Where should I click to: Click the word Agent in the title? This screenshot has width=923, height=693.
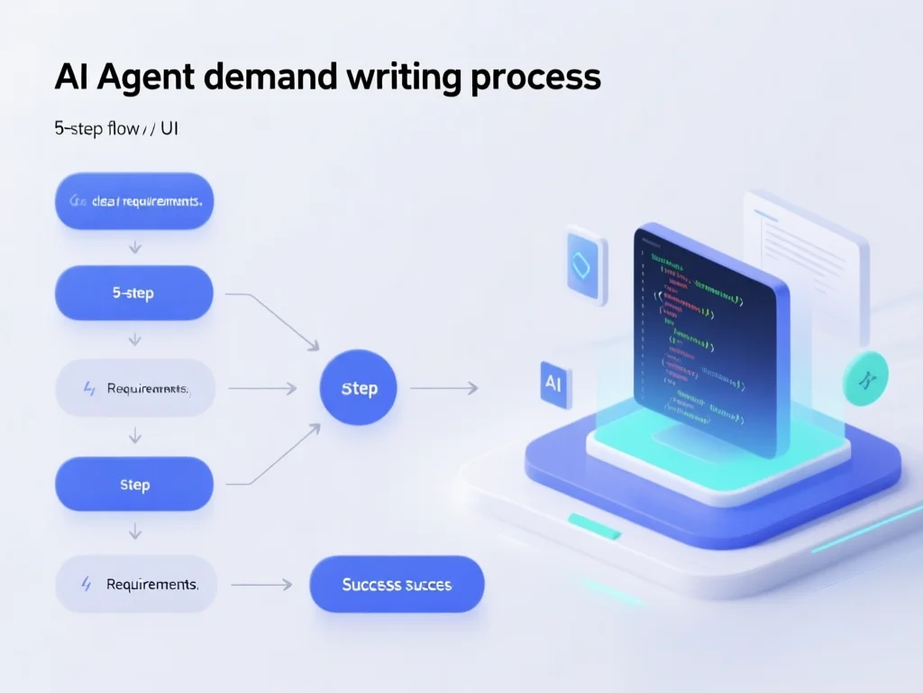point(143,78)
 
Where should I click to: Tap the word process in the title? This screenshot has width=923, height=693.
point(535,78)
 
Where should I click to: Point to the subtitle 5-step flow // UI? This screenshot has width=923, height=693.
point(116,128)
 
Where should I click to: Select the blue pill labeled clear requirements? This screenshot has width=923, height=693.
point(134,201)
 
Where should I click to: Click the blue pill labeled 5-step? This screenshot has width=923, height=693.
point(134,293)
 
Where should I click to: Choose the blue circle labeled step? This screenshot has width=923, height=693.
point(359,388)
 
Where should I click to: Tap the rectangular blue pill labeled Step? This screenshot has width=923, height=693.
point(134,485)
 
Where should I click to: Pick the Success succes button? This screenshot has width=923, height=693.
point(397,585)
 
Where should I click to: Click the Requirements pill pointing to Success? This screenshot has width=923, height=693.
point(134,585)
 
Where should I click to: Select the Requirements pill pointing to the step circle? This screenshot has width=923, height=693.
point(134,389)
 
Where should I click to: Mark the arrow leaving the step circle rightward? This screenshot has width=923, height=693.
point(443,388)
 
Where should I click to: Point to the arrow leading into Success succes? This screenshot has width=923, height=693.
point(261,585)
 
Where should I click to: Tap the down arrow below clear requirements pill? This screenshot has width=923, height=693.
point(134,245)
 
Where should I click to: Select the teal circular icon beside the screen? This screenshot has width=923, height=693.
point(864,378)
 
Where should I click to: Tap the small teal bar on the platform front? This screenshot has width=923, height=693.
point(594,526)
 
